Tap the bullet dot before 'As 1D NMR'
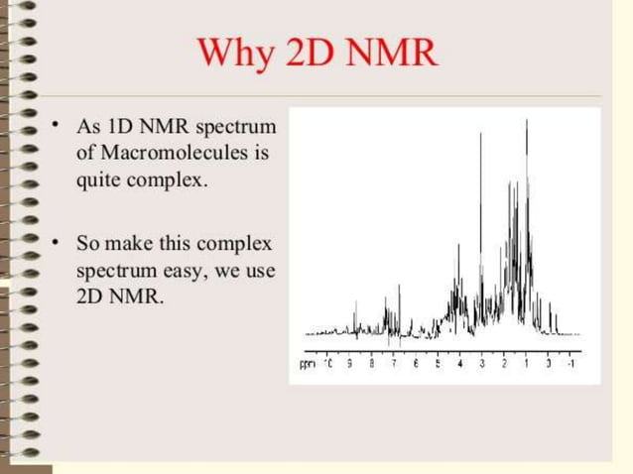tap(57, 125)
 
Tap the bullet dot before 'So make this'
tap(57, 241)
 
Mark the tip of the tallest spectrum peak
tap(526, 120)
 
